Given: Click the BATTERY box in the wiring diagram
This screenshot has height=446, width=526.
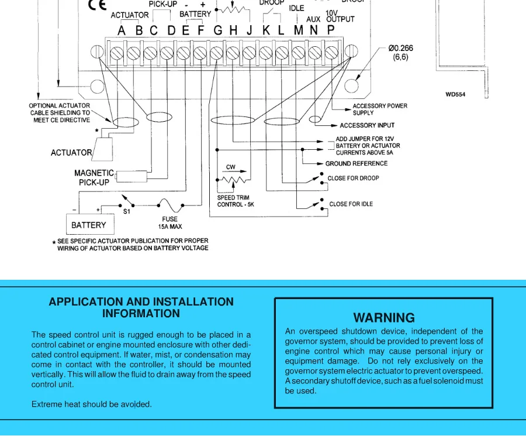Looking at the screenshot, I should click(89, 225).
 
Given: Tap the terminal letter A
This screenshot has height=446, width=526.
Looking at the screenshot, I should click(122, 30).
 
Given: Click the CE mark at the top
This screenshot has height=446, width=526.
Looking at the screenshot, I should click(97, 5).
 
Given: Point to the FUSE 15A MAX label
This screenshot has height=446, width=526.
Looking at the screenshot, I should click(170, 223).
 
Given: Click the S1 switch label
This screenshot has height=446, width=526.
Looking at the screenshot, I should click(127, 212).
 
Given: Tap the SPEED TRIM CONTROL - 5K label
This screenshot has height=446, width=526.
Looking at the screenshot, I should click(236, 201).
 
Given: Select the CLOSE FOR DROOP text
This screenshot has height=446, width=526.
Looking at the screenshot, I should click(353, 178).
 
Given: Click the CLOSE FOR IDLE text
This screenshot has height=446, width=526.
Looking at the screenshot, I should click(351, 204).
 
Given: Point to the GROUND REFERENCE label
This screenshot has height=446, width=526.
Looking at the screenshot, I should click(356, 164).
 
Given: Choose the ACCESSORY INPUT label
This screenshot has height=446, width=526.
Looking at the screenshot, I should click(367, 125).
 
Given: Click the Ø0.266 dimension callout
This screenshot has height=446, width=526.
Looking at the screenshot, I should click(400, 53).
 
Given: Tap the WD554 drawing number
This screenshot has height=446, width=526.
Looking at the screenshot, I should click(456, 94).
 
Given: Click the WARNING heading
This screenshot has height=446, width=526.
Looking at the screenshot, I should click(384, 318).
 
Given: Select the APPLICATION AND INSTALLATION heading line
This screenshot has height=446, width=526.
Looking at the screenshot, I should click(141, 302).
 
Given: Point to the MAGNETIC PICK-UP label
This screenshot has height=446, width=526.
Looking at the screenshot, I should click(94, 177).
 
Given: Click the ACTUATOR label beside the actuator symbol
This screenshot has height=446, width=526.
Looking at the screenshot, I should click(71, 153).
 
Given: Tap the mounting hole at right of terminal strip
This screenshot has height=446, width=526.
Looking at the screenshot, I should click(352, 86).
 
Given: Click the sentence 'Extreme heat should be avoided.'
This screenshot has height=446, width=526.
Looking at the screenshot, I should click(92, 404).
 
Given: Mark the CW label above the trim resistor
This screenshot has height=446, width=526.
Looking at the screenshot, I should click(231, 167).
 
